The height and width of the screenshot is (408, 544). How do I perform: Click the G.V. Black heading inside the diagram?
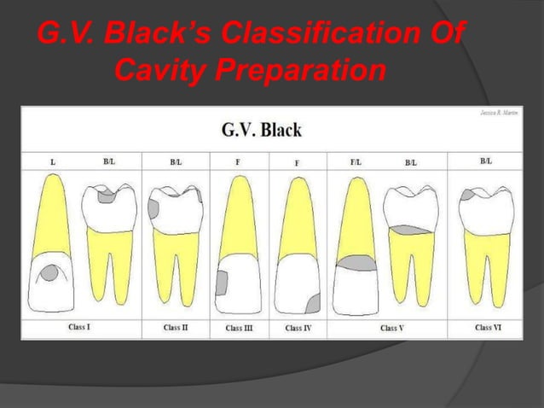tap(261, 131)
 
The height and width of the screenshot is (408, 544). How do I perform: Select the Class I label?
tap(80, 327)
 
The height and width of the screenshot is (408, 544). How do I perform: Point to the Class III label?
tap(239, 327)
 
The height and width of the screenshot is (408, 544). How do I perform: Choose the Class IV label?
tap(298, 327)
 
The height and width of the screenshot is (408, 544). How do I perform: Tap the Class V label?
tap(393, 327)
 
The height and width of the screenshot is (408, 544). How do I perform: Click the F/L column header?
tap(356, 160)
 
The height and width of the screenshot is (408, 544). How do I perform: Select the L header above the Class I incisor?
tap(53, 160)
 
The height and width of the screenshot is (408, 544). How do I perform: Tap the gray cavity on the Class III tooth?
tap(223, 282)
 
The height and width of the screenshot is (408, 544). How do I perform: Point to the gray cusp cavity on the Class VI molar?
tap(470, 195)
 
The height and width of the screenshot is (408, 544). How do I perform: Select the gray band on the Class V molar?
tap(408, 230)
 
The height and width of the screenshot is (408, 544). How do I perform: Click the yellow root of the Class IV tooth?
tap(296, 222)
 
